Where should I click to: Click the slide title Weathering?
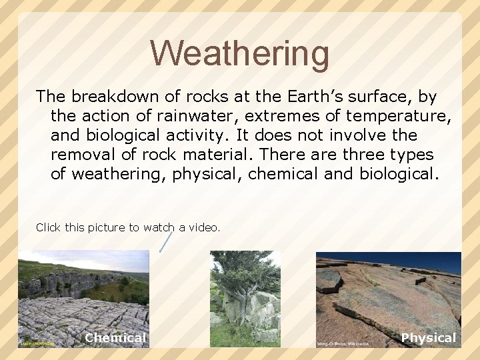point(239,53)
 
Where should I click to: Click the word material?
point(216,155)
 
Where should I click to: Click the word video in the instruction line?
point(203,227)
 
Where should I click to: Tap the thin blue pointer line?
point(167,241)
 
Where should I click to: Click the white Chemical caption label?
point(115,338)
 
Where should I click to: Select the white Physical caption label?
point(429,338)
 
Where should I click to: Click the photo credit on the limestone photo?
point(37,343)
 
